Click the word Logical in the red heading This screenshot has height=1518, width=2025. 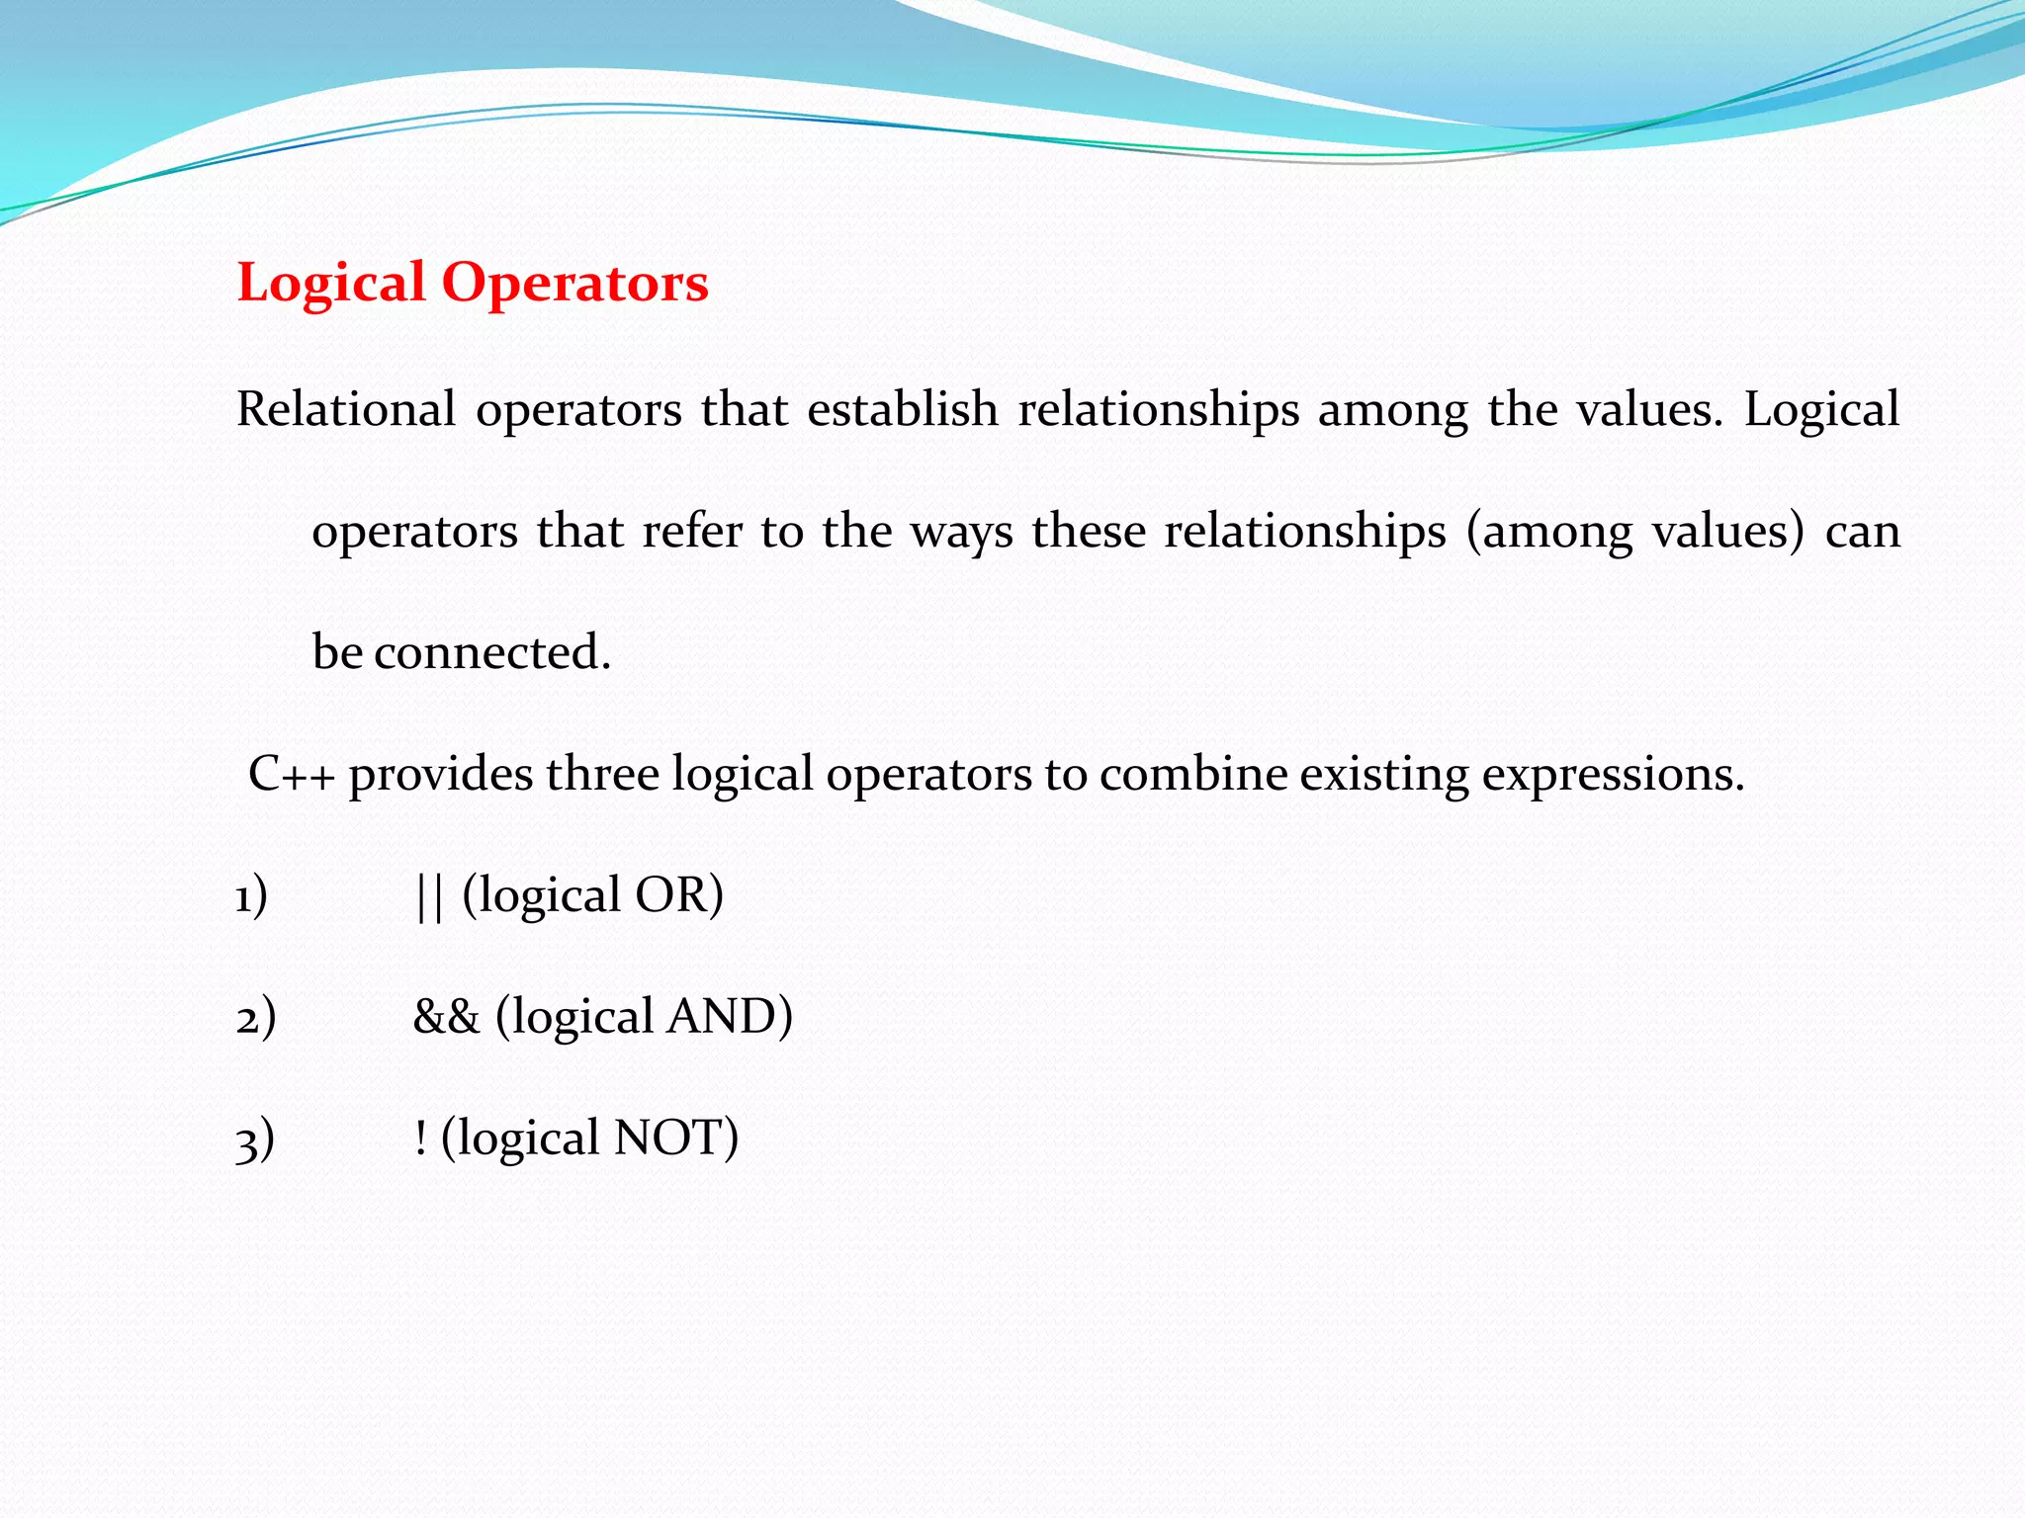(331, 284)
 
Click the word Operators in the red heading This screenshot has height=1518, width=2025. (574, 284)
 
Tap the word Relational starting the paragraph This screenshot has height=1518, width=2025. (346, 409)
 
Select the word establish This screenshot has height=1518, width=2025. (902, 409)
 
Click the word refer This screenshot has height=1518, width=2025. (691, 532)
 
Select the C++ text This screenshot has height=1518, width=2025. (291, 774)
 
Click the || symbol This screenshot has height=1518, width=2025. (429, 896)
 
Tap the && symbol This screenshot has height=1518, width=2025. (446, 1017)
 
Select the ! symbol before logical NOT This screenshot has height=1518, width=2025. (421, 1138)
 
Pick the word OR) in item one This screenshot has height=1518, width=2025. (678, 895)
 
